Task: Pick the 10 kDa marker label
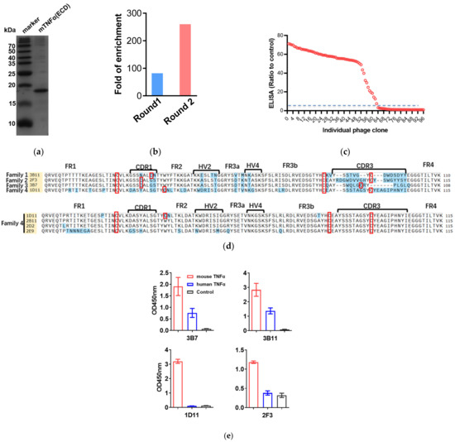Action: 13,123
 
